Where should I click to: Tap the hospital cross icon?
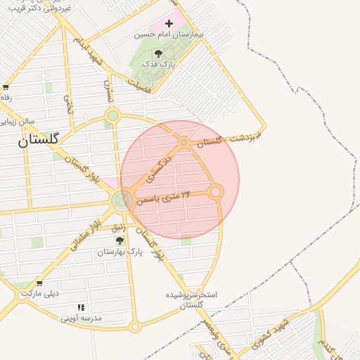pos(169,23)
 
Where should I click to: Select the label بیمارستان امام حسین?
pos(169,34)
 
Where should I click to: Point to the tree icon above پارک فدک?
pos(157,53)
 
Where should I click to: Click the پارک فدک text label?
pos(158,64)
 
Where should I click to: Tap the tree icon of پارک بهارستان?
pos(120,240)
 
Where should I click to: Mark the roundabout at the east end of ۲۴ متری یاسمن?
pos(216,191)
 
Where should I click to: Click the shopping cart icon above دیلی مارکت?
pos(39,283)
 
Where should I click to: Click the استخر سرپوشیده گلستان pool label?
pos(191,299)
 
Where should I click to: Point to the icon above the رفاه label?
pos(6,87)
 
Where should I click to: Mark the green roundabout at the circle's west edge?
pos(122,202)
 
